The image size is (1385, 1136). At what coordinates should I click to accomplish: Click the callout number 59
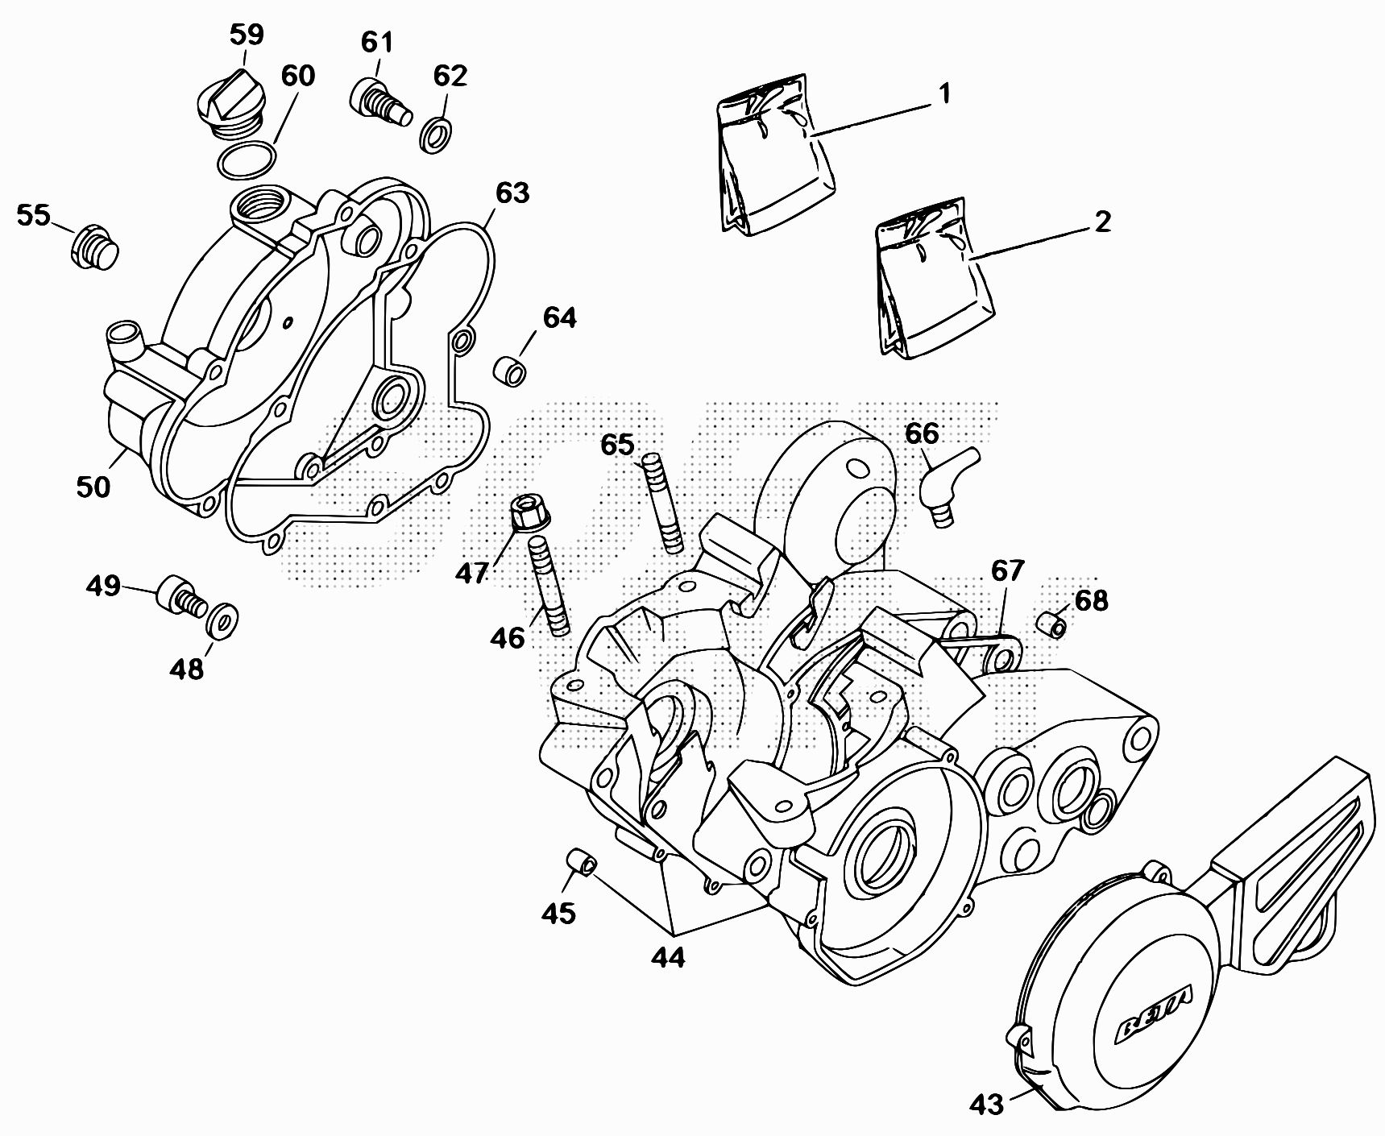point(246,35)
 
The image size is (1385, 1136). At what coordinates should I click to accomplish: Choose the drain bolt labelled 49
point(181,598)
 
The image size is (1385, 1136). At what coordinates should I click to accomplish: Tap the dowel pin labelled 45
point(579,861)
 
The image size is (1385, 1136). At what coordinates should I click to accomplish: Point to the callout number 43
point(987,1103)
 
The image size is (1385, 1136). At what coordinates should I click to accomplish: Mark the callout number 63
point(512,193)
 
